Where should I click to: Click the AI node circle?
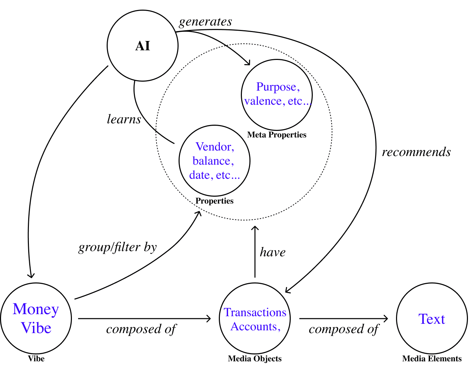(x=142, y=46)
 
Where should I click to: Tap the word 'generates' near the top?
(x=205, y=22)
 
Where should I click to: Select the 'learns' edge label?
(x=124, y=119)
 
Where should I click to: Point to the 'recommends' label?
(x=416, y=152)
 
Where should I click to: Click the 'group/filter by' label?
(x=118, y=247)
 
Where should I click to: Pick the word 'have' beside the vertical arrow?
(x=273, y=252)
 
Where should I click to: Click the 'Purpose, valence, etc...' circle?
(x=277, y=95)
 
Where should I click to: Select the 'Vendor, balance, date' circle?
(x=214, y=161)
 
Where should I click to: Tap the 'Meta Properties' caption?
(x=277, y=135)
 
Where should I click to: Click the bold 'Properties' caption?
(x=214, y=201)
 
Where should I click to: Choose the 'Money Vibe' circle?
(x=36, y=319)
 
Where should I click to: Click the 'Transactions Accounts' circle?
(x=255, y=319)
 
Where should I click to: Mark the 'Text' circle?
(x=432, y=319)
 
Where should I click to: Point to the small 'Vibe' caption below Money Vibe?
(x=36, y=359)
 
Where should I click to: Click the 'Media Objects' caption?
(x=255, y=359)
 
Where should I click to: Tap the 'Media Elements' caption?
(x=432, y=359)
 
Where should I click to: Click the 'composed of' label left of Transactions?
(x=141, y=329)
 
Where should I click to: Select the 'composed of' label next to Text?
(x=344, y=329)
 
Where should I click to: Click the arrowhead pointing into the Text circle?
(x=386, y=319)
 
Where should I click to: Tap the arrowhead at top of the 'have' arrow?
(x=255, y=228)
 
